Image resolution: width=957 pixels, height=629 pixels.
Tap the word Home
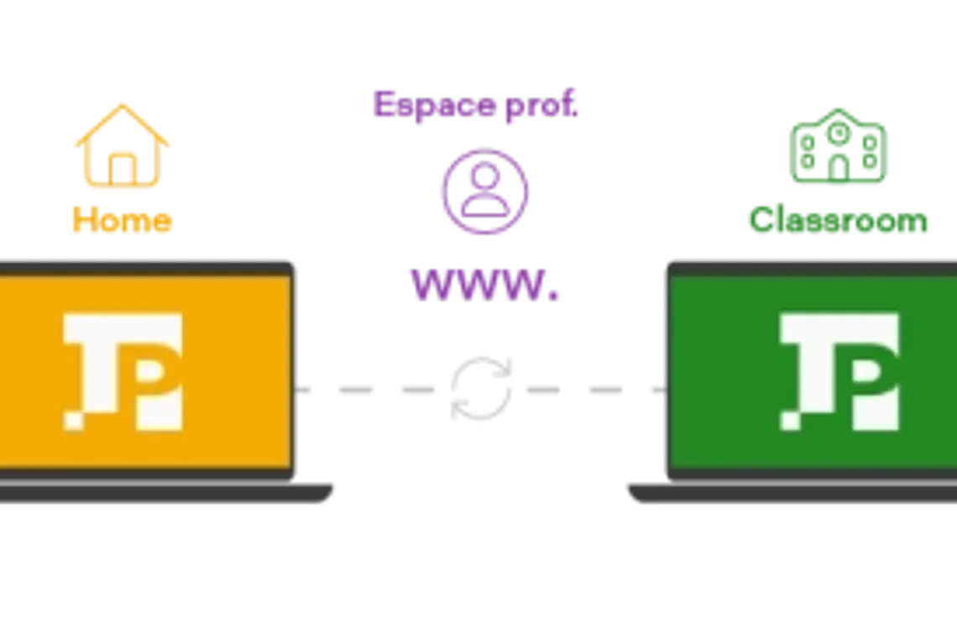point(123,221)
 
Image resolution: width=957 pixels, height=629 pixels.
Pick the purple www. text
point(484,284)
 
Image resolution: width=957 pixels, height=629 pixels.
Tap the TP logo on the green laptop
point(839,371)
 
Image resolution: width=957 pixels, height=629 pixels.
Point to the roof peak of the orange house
point(123,103)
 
